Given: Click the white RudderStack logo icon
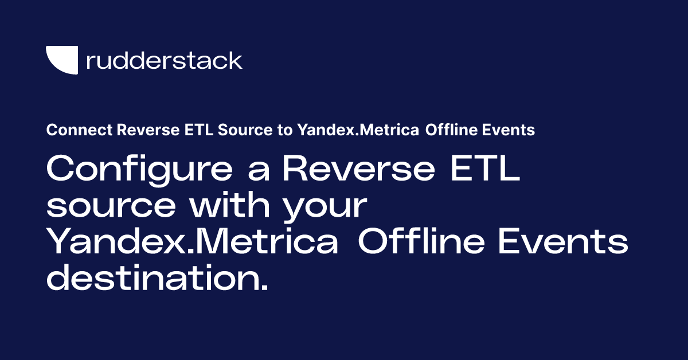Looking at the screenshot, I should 61,60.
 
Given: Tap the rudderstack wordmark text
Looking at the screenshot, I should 164,60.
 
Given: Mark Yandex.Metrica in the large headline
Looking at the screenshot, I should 192,242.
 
